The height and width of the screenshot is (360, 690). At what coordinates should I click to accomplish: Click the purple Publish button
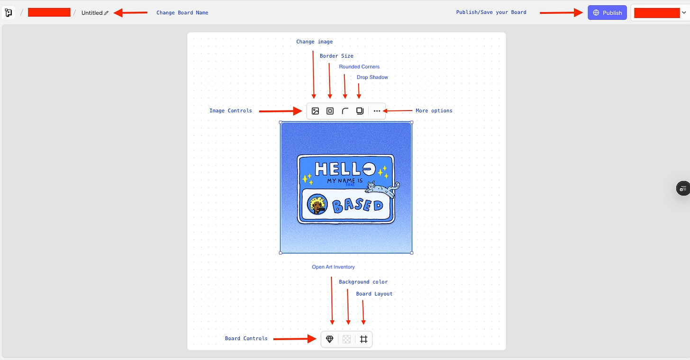(x=607, y=13)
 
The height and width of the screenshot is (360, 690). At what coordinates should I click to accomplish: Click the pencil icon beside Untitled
(x=107, y=13)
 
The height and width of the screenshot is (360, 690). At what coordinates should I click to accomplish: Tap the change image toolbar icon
(x=315, y=111)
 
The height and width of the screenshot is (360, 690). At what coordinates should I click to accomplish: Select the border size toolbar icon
(x=330, y=111)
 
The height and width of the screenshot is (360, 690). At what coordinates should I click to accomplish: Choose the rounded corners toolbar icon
(x=345, y=111)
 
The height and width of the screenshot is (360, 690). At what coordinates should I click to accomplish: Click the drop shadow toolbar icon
(x=360, y=111)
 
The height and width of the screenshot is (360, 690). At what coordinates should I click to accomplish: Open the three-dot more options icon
(x=377, y=111)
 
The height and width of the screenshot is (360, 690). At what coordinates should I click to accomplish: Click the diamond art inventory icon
(x=330, y=339)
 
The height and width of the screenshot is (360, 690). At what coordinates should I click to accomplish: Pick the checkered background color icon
(x=347, y=339)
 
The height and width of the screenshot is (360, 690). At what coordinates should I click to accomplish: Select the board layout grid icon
(x=363, y=339)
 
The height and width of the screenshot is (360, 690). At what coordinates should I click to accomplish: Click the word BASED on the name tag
(x=357, y=205)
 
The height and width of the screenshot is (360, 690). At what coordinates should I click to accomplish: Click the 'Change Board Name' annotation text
(x=182, y=13)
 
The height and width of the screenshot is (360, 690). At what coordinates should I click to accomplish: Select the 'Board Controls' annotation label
(x=246, y=339)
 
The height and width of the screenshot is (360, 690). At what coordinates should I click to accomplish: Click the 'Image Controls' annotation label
(x=230, y=111)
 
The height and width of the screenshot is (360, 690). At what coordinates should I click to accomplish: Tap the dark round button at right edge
(x=682, y=189)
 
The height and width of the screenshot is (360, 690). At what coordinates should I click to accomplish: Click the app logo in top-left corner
(x=9, y=13)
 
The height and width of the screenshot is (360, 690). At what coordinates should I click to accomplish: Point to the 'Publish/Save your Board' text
(x=491, y=12)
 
